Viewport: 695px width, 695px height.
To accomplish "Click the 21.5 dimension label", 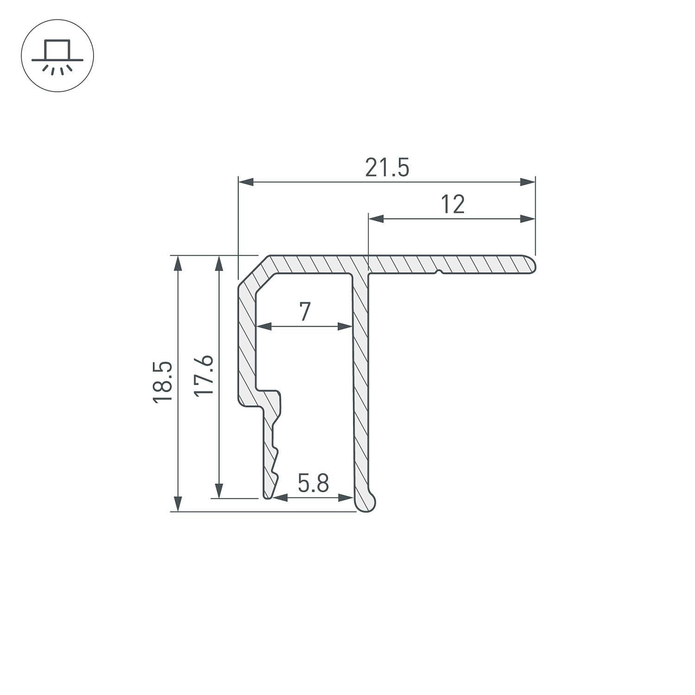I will point(387,168).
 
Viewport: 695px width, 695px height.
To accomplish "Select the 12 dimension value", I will point(452,205).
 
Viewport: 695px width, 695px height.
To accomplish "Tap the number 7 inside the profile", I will point(304,312).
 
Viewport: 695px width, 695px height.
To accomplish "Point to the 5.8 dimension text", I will point(313,484).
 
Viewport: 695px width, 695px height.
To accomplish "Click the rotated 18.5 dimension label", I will point(163,382).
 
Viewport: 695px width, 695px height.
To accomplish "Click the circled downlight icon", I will point(57,56).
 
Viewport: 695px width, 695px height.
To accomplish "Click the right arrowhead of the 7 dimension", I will point(345,327).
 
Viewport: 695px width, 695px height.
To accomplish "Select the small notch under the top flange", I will point(439,272).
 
